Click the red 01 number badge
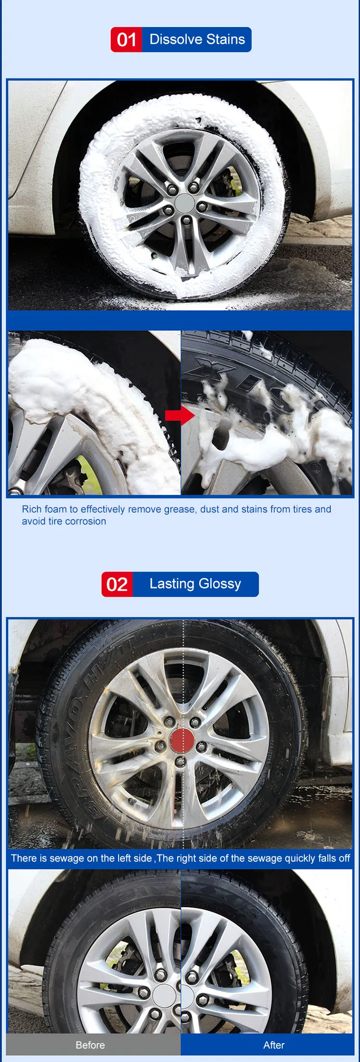coord(126,40)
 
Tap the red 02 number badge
coord(117,584)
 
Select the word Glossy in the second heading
coord(220,584)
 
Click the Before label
coord(90,1045)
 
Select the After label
coord(274,1045)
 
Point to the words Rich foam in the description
coord(44,509)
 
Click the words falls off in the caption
coord(334,858)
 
